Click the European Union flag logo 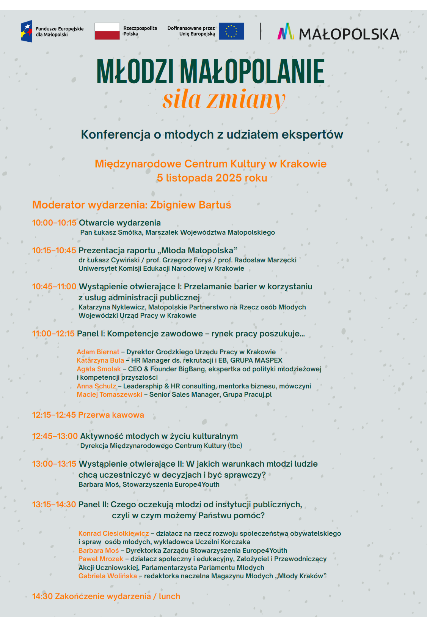click(x=231, y=31)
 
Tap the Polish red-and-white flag click(x=107, y=31)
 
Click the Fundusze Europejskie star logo click(x=27, y=31)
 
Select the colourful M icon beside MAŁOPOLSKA click(x=286, y=32)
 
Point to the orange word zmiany click(x=246, y=100)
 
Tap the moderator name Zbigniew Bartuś click(x=190, y=205)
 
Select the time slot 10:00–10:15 click(x=54, y=223)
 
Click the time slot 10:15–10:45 click(x=54, y=251)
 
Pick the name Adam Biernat click(x=98, y=352)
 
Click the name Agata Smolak click(x=99, y=369)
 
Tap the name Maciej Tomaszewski click(x=109, y=395)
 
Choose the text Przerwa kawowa click(x=111, y=415)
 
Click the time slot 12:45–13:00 click(x=55, y=436)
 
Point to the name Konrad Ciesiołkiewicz click(x=113, y=533)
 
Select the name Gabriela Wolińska click(x=107, y=576)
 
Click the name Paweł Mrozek click(x=100, y=559)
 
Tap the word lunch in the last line click(x=169, y=596)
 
